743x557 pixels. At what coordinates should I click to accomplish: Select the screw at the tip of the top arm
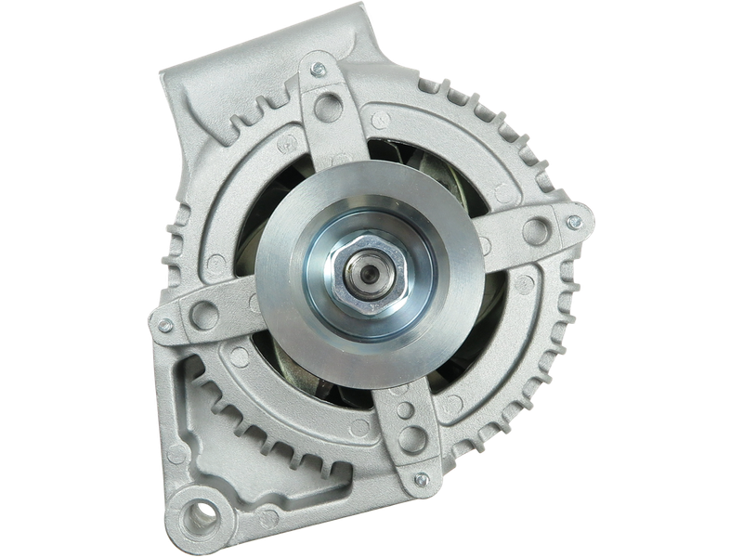(319, 70)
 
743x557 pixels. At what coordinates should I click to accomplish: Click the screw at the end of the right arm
(575, 223)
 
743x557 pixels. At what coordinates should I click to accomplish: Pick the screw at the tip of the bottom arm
(422, 480)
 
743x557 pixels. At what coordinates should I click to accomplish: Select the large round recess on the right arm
(536, 231)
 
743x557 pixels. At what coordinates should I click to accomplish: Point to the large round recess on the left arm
(205, 316)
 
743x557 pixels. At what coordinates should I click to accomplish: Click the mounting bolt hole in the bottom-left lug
(200, 511)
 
